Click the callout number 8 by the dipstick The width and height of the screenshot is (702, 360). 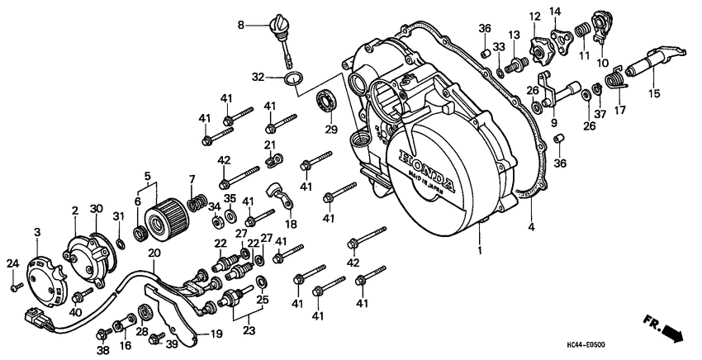(x=242, y=26)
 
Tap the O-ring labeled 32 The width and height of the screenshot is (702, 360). (x=290, y=78)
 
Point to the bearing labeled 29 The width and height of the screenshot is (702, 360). (x=328, y=104)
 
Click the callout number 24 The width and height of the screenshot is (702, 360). (x=12, y=264)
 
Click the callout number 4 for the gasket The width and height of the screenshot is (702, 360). (x=530, y=227)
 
